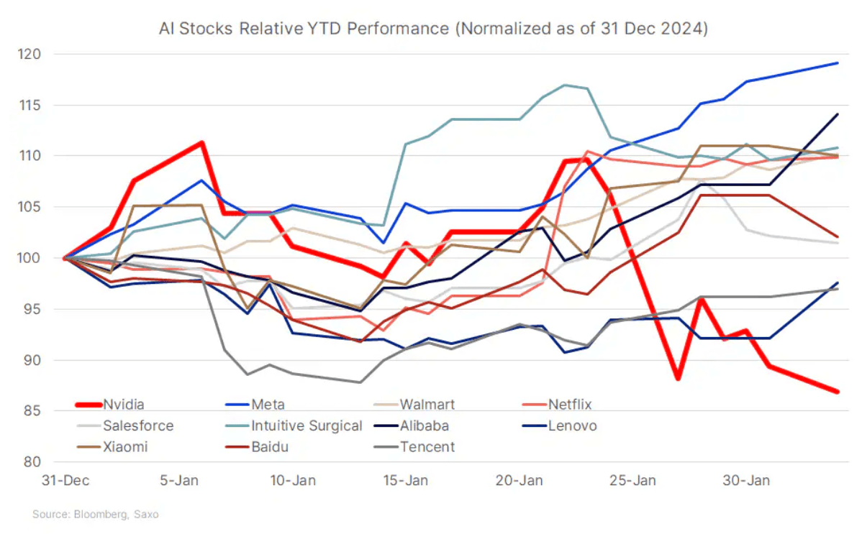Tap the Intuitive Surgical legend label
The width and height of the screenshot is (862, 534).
(x=306, y=425)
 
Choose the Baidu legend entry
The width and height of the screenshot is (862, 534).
(x=271, y=446)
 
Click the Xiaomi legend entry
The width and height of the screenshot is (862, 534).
(x=125, y=446)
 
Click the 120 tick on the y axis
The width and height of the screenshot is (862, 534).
(x=50, y=54)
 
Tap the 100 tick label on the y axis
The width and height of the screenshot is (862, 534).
(x=50, y=258)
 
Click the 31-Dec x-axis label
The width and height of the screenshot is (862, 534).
(x=64, y=480)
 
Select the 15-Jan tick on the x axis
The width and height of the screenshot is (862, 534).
(x=406, y=480)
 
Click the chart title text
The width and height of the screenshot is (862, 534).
(x=434, y=30)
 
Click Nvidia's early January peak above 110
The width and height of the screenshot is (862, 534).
(x=202, y=142)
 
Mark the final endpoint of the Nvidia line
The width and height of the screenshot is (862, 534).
(x=837, y=392)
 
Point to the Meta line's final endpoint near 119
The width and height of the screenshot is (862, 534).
(x=838, y=63)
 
